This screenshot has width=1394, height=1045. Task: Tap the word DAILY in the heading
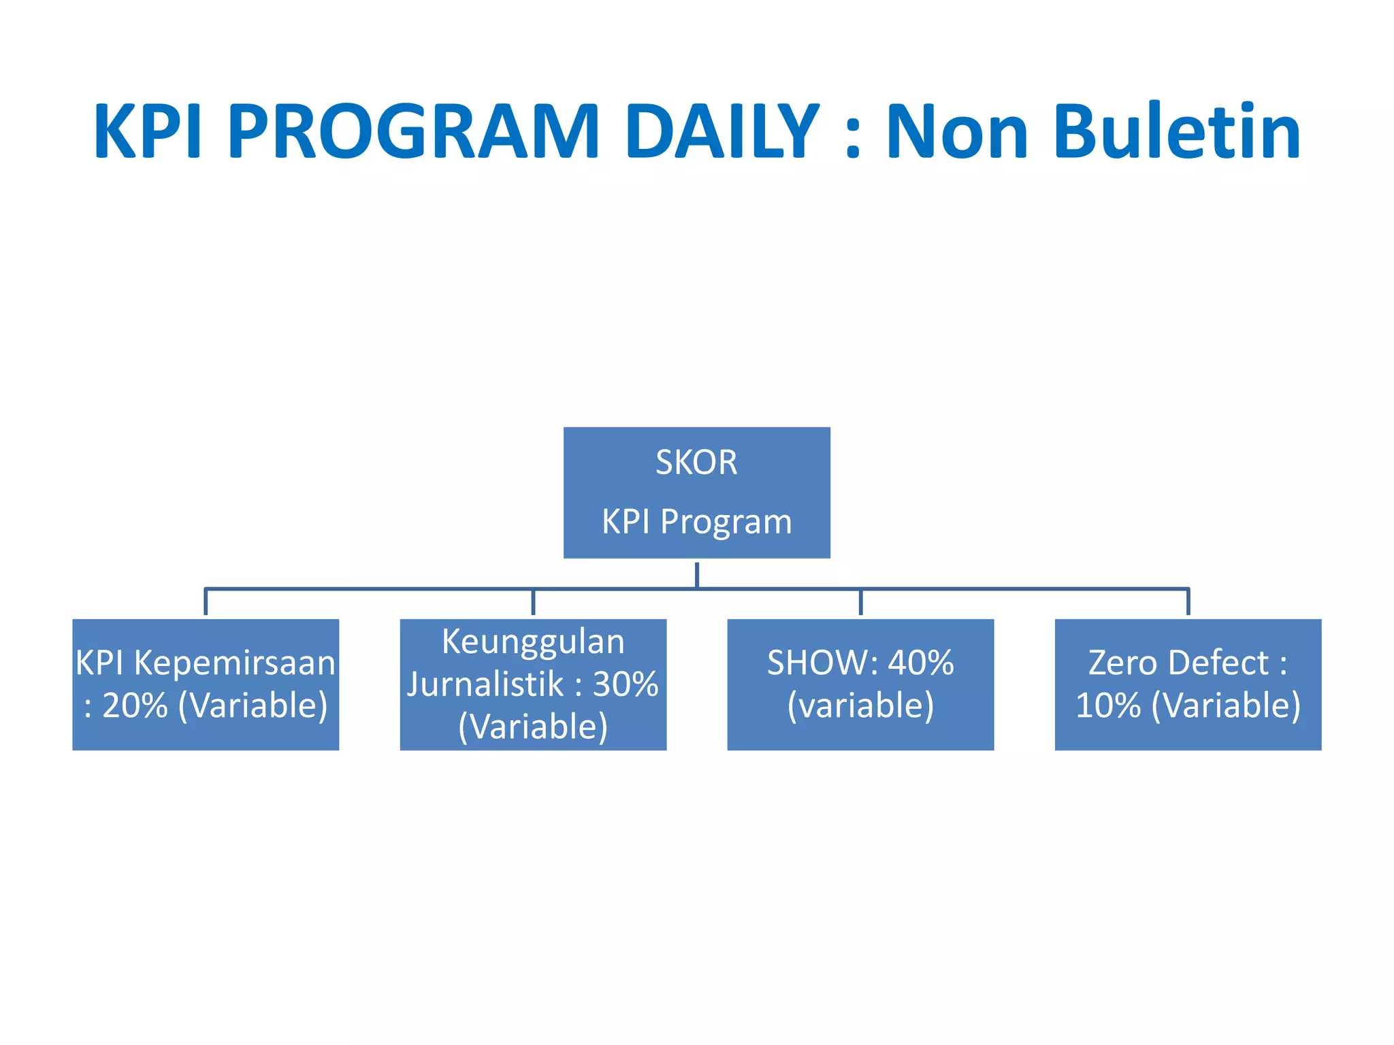tap(722, 131)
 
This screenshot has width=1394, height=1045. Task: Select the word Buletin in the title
tap(1177, 131)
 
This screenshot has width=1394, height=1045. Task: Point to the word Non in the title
tap(956, 131)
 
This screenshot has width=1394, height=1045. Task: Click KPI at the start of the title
tap(148, 131)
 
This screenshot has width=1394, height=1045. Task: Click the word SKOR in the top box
tap(696, 463)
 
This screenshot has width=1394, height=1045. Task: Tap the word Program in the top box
tap(726, 522)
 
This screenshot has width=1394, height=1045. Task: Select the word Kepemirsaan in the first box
tap(235, 663)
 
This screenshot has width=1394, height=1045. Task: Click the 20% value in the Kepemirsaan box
tap(135, 706)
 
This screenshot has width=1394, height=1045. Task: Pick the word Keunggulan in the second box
tap(533, 642)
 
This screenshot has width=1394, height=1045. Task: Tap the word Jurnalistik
tap(485, 684)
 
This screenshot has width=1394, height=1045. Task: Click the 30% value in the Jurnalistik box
tap(626, 684)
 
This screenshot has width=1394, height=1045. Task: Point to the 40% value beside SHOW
tap(921, 663)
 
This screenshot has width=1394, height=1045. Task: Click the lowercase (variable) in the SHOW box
tap(860, 706)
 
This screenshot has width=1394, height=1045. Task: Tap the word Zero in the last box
tap(1120, 663)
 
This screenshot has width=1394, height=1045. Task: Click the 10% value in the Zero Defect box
tap(1107, 706)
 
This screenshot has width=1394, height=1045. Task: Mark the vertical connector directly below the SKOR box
tap(697, 574)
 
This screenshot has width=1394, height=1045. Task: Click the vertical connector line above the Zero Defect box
tap(1188, 602)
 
